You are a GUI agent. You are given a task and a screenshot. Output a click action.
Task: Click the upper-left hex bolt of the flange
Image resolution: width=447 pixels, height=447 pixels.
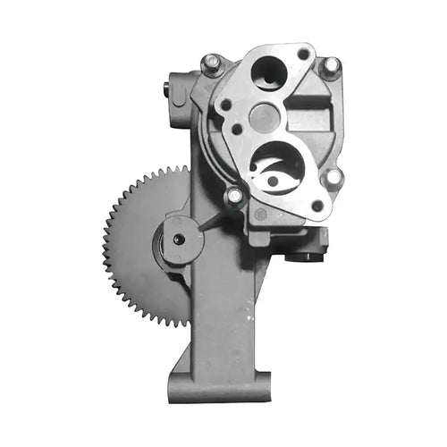click(212, 63)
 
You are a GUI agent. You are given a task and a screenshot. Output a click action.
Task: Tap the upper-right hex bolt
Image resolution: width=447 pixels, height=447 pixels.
click(331, 66)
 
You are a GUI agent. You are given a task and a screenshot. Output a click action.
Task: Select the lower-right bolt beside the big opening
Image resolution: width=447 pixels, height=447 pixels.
click(333, 178)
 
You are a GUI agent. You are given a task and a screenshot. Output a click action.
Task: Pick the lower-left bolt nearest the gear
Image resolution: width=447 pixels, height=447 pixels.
click(234, 195)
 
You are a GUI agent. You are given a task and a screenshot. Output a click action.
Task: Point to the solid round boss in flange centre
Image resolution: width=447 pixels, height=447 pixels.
click(264, 116)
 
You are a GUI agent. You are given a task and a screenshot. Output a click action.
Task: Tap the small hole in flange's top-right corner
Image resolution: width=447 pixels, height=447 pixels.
click(304, 55)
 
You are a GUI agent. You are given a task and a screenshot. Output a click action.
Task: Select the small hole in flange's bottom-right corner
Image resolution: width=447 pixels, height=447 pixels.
click(316, 206)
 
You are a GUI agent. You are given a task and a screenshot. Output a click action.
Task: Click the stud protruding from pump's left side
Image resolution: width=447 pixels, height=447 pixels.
click(167, 88)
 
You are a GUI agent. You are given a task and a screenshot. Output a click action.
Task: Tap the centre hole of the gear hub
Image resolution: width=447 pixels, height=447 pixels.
click(179, 240)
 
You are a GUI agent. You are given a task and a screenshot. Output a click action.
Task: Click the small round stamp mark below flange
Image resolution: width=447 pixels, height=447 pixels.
click(260, 214)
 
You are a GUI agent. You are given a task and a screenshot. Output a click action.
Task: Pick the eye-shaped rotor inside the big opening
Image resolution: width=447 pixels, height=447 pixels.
click(279, 173)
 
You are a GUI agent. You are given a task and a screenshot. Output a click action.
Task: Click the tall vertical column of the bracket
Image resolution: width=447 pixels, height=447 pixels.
click(219, 313)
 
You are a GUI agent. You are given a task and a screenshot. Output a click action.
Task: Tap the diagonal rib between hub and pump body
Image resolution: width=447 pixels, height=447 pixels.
click(214, 223)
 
